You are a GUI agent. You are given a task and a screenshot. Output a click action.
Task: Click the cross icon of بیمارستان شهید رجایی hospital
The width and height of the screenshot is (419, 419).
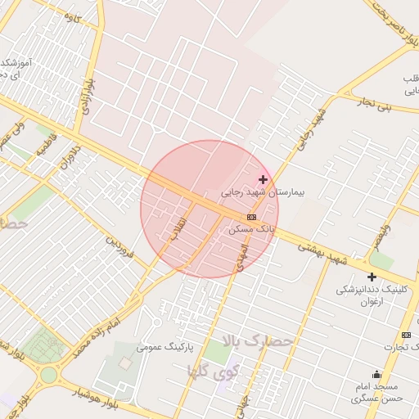(263, 179)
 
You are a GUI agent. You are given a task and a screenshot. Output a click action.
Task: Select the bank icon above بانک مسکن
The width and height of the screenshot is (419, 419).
(251, 217)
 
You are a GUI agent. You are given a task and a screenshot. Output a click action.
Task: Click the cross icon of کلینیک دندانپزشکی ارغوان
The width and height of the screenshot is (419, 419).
(372, 277)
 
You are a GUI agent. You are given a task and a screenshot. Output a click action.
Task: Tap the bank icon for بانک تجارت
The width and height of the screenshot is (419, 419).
(406, 336)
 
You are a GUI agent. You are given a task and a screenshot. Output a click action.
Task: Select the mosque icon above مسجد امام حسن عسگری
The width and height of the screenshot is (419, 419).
(376, 374)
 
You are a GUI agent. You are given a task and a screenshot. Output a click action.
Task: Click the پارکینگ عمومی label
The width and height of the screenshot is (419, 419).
(167, 347)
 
